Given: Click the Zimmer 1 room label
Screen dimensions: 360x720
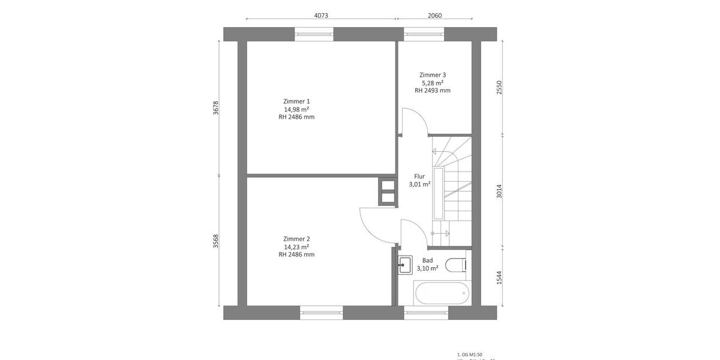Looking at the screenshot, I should point(296,101).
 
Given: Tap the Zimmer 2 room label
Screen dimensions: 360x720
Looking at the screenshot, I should point(296,239).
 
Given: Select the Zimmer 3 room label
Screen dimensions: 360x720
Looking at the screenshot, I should point(432,75).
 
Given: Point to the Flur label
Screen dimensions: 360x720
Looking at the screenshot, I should point(419,176).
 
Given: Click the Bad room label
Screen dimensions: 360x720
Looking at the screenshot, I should point(427,260).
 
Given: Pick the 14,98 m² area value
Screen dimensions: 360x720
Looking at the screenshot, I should point(296,109).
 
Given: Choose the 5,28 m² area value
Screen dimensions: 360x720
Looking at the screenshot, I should point(432,83).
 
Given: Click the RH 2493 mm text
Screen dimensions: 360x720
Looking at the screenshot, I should point(432,91).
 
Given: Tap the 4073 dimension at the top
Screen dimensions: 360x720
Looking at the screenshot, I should point(321,16).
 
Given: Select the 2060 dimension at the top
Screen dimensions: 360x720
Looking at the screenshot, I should point(434,16).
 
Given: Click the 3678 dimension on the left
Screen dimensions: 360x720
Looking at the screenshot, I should point(216,108).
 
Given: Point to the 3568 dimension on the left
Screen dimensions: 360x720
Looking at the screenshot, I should point(216,241).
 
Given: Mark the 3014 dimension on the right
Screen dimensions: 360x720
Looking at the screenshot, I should point(499,191).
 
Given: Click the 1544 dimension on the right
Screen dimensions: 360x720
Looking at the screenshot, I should point(499,277).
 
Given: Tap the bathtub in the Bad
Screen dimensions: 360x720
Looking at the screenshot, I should point(440,293).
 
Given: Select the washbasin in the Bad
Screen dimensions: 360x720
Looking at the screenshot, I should point(405,264).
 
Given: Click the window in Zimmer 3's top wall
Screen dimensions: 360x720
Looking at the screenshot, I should point(424,34).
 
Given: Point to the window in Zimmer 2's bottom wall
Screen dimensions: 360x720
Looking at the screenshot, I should point(322,312).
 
